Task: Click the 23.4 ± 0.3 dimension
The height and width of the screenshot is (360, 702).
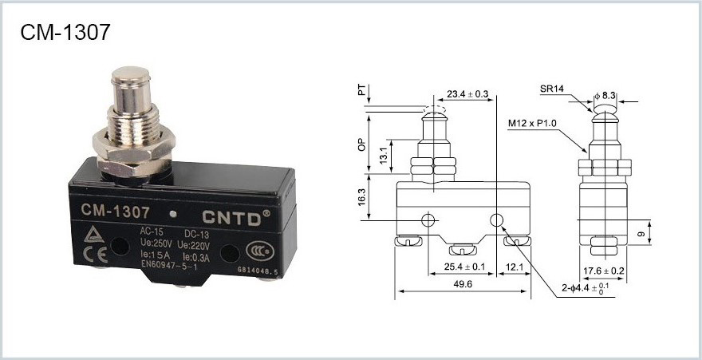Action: (x=468, y=94)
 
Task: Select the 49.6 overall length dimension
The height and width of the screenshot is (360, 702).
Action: (x=461, y=284)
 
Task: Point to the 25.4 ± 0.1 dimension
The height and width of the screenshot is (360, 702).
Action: (x=463, y=266)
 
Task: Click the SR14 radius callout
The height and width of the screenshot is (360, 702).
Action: (x=553, y=89)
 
